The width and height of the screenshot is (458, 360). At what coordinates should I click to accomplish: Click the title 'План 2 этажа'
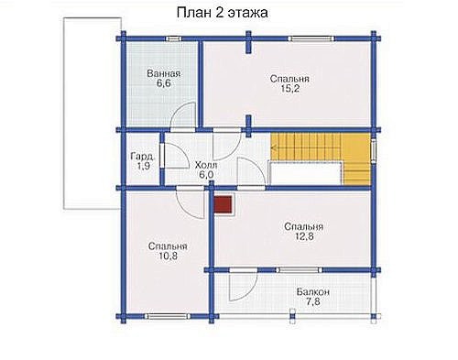tap(223, 13)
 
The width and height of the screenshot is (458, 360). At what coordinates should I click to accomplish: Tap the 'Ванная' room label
tap(164, 73)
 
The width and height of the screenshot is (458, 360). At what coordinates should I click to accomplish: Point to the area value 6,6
tap(164, 83)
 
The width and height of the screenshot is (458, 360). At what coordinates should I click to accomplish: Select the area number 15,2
tap(289, 89)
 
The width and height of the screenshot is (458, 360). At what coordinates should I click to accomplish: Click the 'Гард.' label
tap(142, 157)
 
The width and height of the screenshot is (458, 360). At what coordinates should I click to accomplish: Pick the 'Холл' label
tap(206, 165)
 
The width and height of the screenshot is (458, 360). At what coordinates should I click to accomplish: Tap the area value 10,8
tap(168, 256)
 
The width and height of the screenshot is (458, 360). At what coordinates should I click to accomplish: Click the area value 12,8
tap(304, 236)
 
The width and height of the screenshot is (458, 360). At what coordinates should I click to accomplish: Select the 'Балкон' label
tap(313, 292)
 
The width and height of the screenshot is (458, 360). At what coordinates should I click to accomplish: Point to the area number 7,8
tap(313, 302)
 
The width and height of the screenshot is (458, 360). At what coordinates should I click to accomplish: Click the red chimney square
tap(223, 204)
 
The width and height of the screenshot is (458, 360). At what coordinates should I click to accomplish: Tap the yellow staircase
tap(321, 159)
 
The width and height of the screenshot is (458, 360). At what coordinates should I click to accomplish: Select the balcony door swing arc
tap(250, 291)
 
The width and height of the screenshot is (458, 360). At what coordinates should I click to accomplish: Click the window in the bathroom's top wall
tap(173, 38)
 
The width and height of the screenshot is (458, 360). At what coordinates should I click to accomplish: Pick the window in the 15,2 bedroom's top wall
tap(311, 38)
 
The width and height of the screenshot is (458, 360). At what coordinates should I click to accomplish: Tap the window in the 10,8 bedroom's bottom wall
tap(168, 316)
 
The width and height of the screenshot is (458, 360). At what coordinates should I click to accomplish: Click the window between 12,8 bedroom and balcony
tap(300, 270)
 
